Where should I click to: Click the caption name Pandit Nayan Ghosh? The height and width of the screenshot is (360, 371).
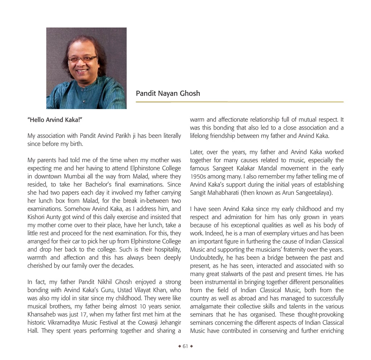pyautogui.click(x=168, y=93)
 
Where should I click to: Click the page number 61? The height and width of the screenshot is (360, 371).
pyautogui.click(x=185, y=346)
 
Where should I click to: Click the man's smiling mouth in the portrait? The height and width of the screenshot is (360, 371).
pyautogui.click(x=82, y=71)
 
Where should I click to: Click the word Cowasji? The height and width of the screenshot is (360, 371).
pyautogui.click(x=145, y=323)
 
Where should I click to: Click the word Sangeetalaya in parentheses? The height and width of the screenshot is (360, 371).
pyautogui.click(x=312, y=193)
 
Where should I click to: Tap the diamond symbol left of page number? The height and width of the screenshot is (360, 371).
pyautogui.click(x=179, y=346)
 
